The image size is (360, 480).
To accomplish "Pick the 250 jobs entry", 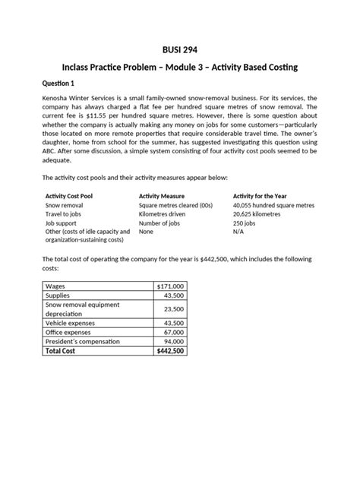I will pos(244,224).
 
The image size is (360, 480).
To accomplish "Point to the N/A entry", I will pos(238,233).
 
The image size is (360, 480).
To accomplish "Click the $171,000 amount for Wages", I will pos(170,286).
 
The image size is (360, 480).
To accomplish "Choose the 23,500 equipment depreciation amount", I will pos(173,309).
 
